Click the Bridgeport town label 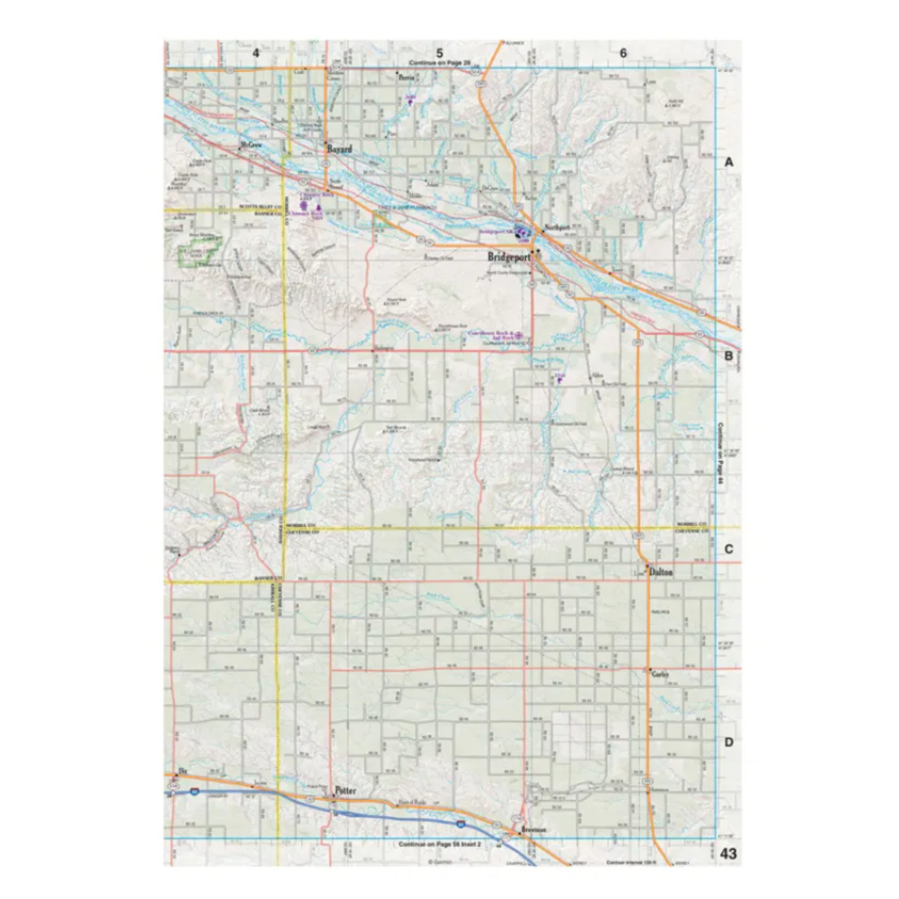click(x=508, y=257)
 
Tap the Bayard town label click(x=340, y=150)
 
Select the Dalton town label click(x=661, y=572)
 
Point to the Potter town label click(x=346, y=790)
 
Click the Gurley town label click(x=660, y=674)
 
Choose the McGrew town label click(x=250, y=145)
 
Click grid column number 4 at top click(x=256, y=53)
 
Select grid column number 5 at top click(x=440, y=53)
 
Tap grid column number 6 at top click(x=623, y=53)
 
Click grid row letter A click(x=729, y=162)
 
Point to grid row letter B click(x=729, y=355)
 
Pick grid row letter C click(x=729, y=549)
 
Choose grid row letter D click(x=729, y=742)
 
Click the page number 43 click(x=728, y=854)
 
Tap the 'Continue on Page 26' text click(x=440, y=64)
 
